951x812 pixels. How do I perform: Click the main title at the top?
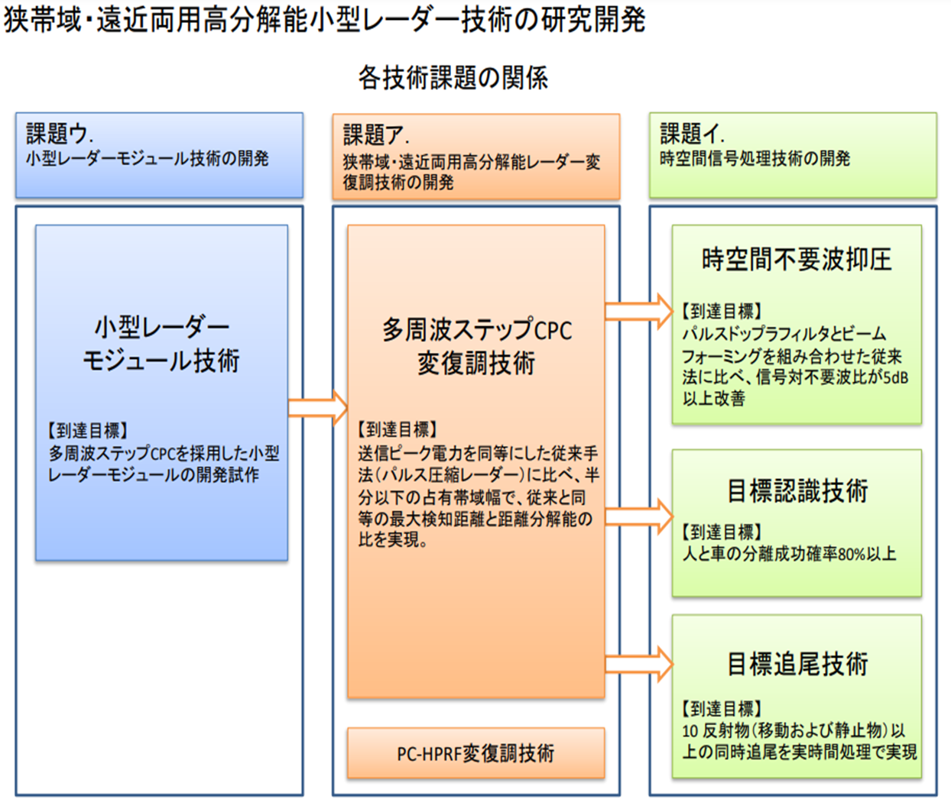[x=324, y=19]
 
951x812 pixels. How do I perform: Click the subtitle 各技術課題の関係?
[x=453, y=77]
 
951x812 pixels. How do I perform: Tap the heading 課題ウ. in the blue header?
[x=60, y=134]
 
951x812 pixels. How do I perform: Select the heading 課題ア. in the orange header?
[x=376, y=135]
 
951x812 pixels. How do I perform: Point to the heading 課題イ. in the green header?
[x=693, y=134]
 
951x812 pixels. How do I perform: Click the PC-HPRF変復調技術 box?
[x=475, y=752]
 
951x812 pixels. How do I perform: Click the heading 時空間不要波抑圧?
[x=797, y=259]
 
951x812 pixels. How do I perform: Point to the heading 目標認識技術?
[x=797, y=490]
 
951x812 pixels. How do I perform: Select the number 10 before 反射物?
[x=690, y=731]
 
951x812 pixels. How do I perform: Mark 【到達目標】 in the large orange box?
[x=398, y=429]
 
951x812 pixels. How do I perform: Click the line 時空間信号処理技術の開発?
[x=755, y=159]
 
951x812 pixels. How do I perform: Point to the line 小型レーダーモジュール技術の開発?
[x=148, y=159]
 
